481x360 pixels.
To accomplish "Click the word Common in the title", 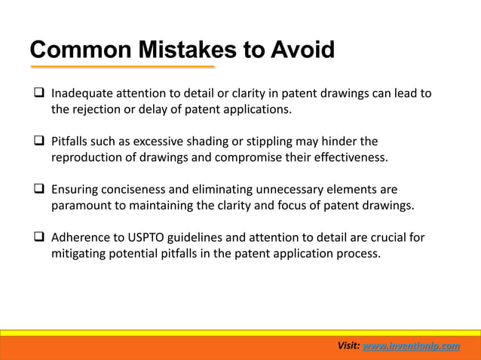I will pos(72,50).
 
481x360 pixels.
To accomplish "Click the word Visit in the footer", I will pos(348,346).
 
